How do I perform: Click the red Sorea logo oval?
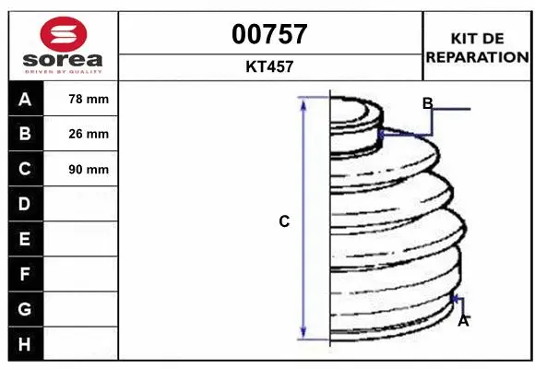(x=64, y=34)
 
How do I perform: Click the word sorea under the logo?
(x=63, y=60)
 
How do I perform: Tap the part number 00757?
(x=269, y=34)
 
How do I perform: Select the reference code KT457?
(x=269, y=66)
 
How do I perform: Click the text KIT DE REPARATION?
(x=477, y=48)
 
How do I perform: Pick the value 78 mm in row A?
(x=89, y=99)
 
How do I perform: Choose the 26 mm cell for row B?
(x=89, y=134)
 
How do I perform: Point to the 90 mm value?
(x=89, y=170)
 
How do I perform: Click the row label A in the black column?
(x=25, y=100)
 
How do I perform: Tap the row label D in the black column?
(x=25, y=204)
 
